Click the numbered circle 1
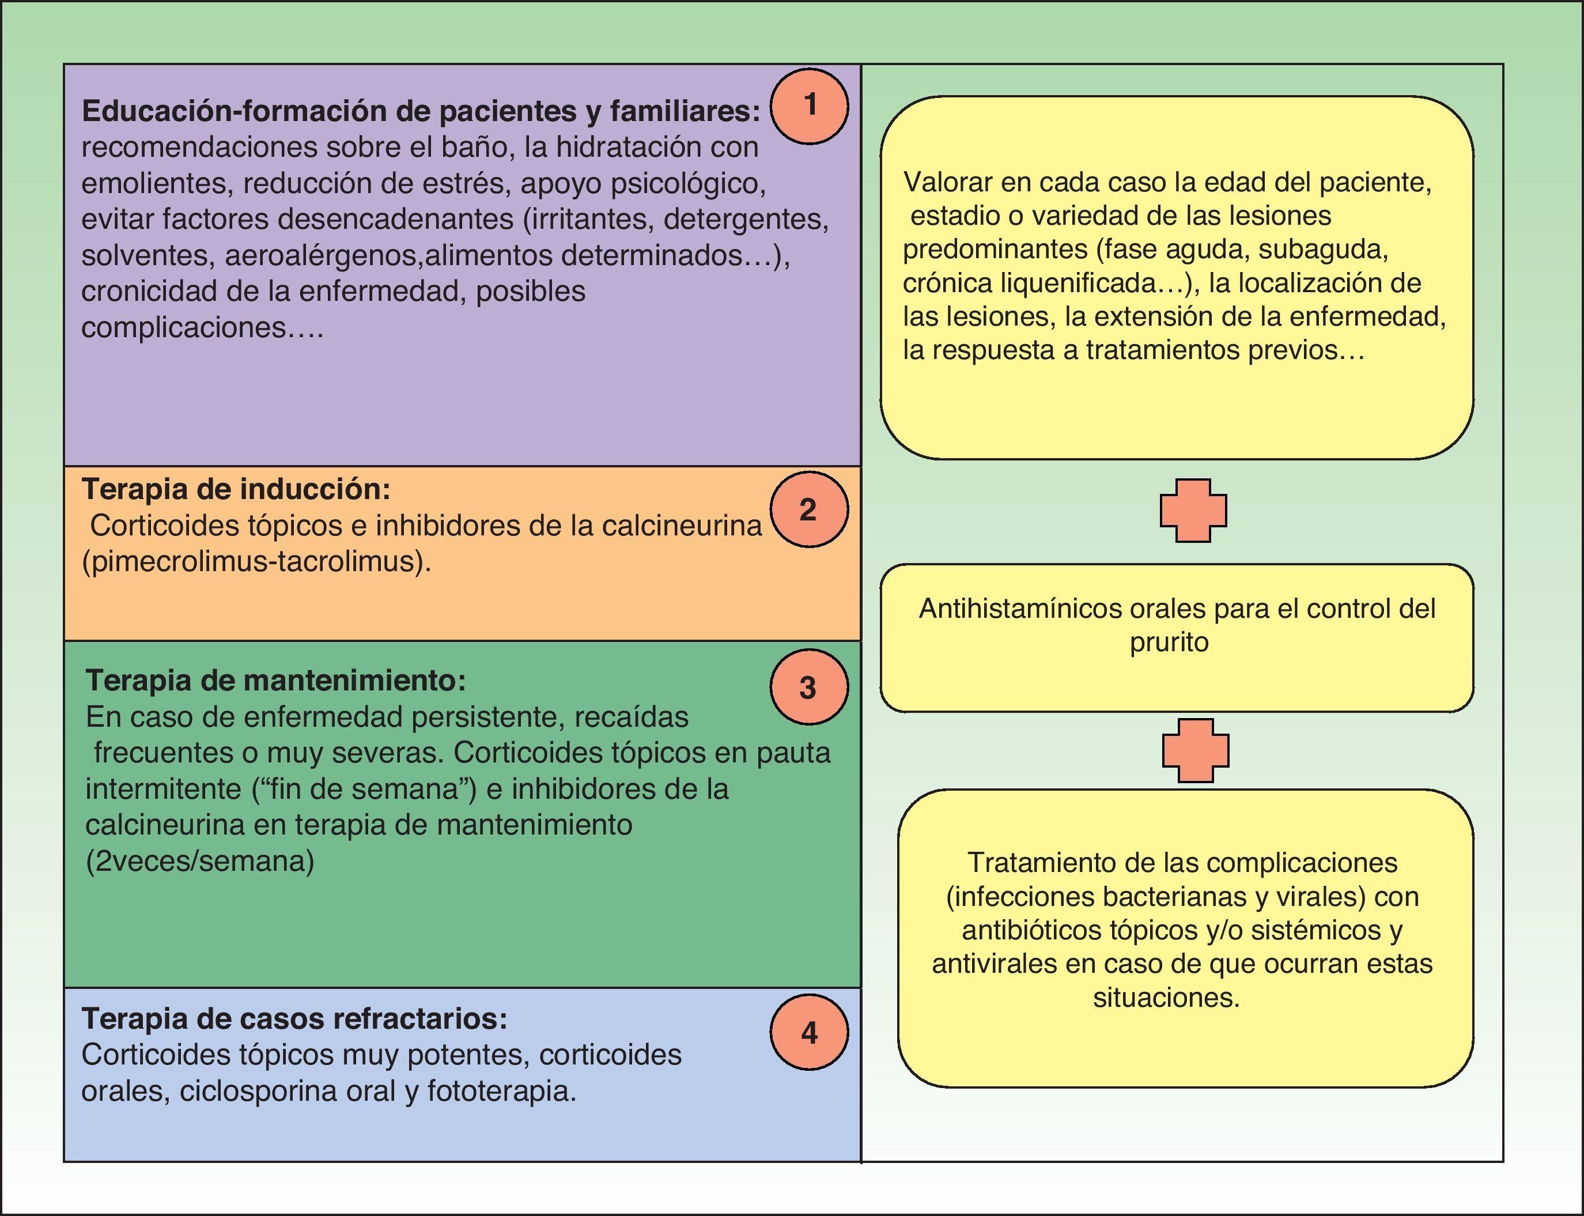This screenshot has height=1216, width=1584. point(809,105)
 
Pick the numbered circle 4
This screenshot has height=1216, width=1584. point(809,1032)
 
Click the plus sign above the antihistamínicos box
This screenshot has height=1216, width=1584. point(1193,510)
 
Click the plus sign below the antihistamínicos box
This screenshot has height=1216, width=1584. point(1196,750)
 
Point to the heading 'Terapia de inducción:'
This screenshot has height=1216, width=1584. point(236,489)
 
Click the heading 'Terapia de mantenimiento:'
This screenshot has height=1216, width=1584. point(275,681)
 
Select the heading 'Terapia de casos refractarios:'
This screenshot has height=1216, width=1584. point(294,1018)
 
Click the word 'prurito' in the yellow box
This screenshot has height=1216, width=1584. point(1169,643)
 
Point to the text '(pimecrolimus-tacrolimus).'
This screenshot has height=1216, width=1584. point(256,562)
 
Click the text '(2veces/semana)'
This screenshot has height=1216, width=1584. point(200,862)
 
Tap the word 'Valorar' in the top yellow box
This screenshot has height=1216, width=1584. point(947,182)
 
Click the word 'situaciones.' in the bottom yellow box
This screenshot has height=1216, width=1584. point(1166,998)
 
